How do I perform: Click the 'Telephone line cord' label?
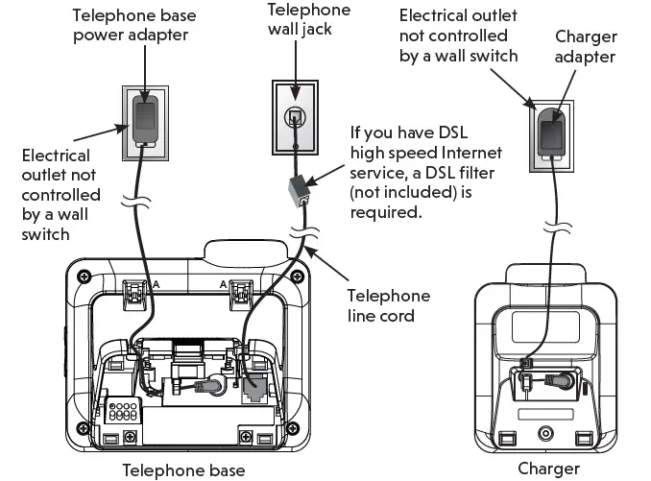(x=388, y=306)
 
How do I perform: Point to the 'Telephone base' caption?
(x=183, y=469)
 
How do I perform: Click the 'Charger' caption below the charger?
(x=548, y=469)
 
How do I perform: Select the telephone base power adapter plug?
(x=145, y=119)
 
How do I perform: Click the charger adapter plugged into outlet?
(x=553, y=129)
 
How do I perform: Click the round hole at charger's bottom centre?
(x=548, y=432)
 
